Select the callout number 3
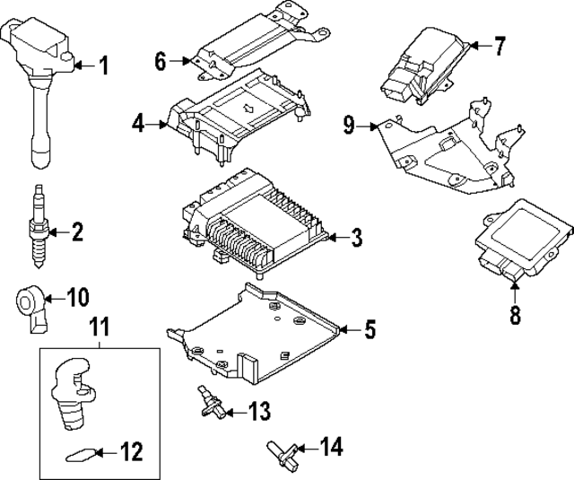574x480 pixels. (x=356, y=238)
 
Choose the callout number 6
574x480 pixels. (x=161, y=62)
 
